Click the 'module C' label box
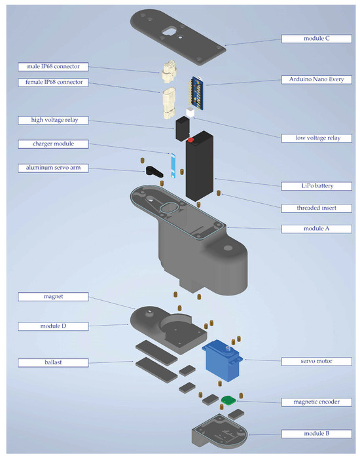coord(316,39)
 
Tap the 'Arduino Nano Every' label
coord(316,79)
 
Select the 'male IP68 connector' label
coord(53,67)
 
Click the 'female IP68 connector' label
coord(53,83)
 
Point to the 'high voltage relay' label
coord(53,120)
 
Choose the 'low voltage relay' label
coord(316,138)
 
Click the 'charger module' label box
coord(53,144)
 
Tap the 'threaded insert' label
coord(316,208)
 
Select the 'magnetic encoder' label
coord(316,402)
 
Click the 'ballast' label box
coord(53,362)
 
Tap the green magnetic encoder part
coord(228,400)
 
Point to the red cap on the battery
coord(190,140)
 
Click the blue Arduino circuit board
coord(196,93)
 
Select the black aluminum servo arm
coord(154,171)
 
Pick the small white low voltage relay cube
coord(190,113)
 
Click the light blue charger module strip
coord(173,166)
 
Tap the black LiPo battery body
coord(200,166)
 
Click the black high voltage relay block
coord(183,128)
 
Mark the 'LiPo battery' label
coord(316,186)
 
